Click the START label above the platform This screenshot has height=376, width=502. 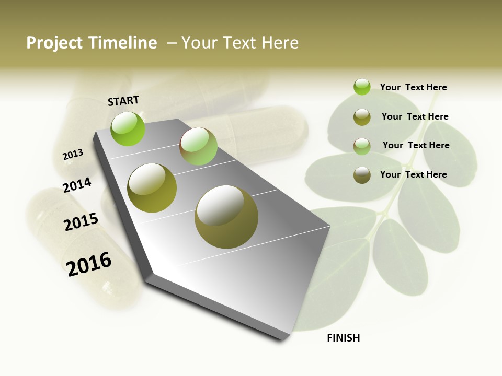(x=123, y=101)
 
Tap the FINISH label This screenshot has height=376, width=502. (x=344, y=338)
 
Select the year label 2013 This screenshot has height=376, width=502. (x=73, y=155)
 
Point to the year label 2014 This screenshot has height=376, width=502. (x=77, y=185)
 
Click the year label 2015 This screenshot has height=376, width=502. (x=81, y=221)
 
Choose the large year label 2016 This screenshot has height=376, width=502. (x=89, y=264)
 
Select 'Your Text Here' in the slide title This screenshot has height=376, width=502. (x=240, y=43)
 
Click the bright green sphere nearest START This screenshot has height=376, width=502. (x=128, y=128)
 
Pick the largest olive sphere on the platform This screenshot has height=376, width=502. (x=226, y=217)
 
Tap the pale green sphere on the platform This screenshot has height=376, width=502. (x=198, y=146)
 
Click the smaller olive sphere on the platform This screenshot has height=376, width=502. (x=152, y=188)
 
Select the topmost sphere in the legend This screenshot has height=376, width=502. (x=362, y=87)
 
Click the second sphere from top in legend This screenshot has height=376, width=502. (x=362, y=117)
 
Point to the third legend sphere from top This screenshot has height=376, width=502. (x=362, y=146)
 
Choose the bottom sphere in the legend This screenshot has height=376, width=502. (x=362, y=175)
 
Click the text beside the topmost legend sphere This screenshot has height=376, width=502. (x=413, y=87)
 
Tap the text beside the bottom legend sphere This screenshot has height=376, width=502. (x=413, y=174)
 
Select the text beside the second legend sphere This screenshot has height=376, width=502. (x=415, y=116)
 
